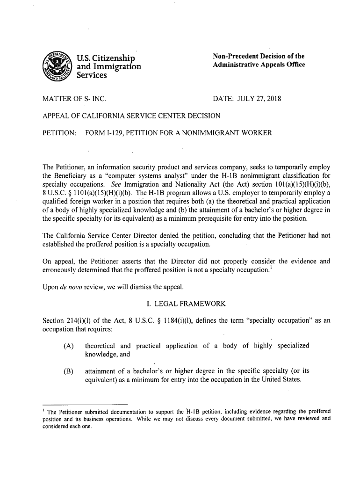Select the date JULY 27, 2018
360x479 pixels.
[257, 100]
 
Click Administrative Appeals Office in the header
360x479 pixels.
[259, 65]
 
